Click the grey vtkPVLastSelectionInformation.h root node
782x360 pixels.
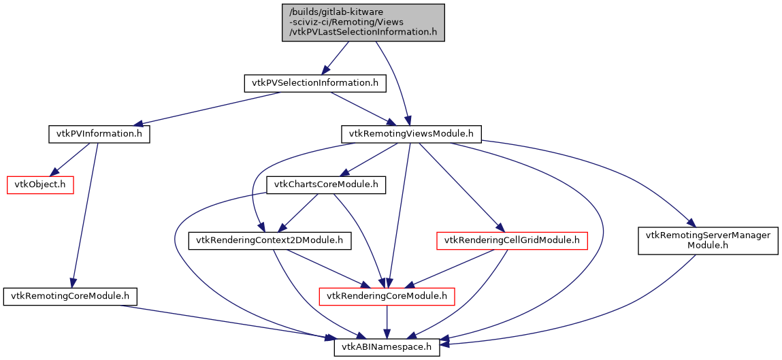point(363,22)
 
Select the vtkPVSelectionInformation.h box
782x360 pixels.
point(315,83)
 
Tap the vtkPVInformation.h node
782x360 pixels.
point(99,133)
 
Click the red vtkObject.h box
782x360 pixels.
point(40,184)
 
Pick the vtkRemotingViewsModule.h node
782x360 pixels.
point(411,133)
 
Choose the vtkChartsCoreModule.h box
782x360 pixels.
point(326,184)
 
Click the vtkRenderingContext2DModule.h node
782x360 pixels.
point(269,240)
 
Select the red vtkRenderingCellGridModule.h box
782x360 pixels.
point(511,240)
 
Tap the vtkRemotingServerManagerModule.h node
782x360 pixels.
point(708,240)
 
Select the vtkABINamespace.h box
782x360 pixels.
point(387,347)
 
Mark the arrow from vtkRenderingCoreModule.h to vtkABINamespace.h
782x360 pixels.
point(387,321)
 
